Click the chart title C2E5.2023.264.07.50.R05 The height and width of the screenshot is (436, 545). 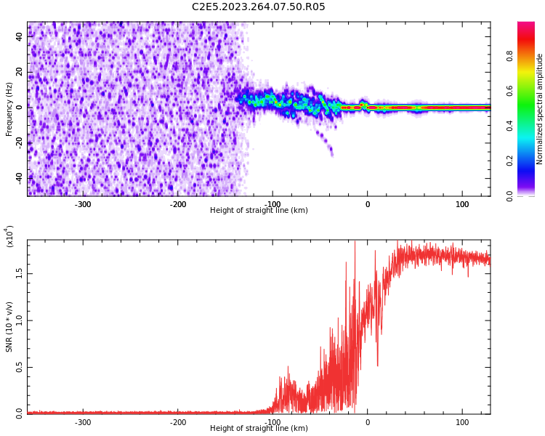(258, 7)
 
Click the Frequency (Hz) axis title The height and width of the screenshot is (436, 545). (9, 109)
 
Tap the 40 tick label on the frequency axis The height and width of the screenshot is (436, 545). (20, 36)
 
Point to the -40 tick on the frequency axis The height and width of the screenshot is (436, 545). (20, 178)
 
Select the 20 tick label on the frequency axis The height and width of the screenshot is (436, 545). (20, 72)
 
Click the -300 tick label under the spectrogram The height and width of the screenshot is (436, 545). (83, 204)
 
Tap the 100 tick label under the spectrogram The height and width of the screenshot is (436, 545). (462, 204)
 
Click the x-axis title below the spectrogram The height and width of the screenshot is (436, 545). (259, 211)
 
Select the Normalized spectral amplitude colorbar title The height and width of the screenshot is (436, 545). (540, 109)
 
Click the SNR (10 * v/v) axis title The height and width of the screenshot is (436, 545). (9, 327)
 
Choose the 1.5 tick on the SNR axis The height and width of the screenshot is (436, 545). (20, 273)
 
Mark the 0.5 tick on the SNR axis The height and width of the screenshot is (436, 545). (20, 367)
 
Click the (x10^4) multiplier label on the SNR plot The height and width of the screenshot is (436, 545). (9, 237)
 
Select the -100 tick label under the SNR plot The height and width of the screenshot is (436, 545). (272, 422)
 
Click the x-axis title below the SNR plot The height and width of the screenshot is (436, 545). (259, 429)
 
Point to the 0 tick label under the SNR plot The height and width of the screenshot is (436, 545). (367, 422)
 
